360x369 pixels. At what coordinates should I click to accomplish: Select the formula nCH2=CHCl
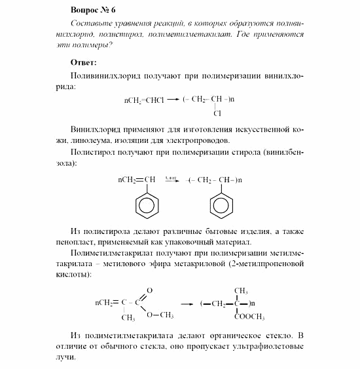(142, 100)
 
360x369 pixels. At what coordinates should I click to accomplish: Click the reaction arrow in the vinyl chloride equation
(173, 100)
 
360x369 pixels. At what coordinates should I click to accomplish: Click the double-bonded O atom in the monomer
(150, 290)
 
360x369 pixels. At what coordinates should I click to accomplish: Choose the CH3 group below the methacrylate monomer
(128, 318)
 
